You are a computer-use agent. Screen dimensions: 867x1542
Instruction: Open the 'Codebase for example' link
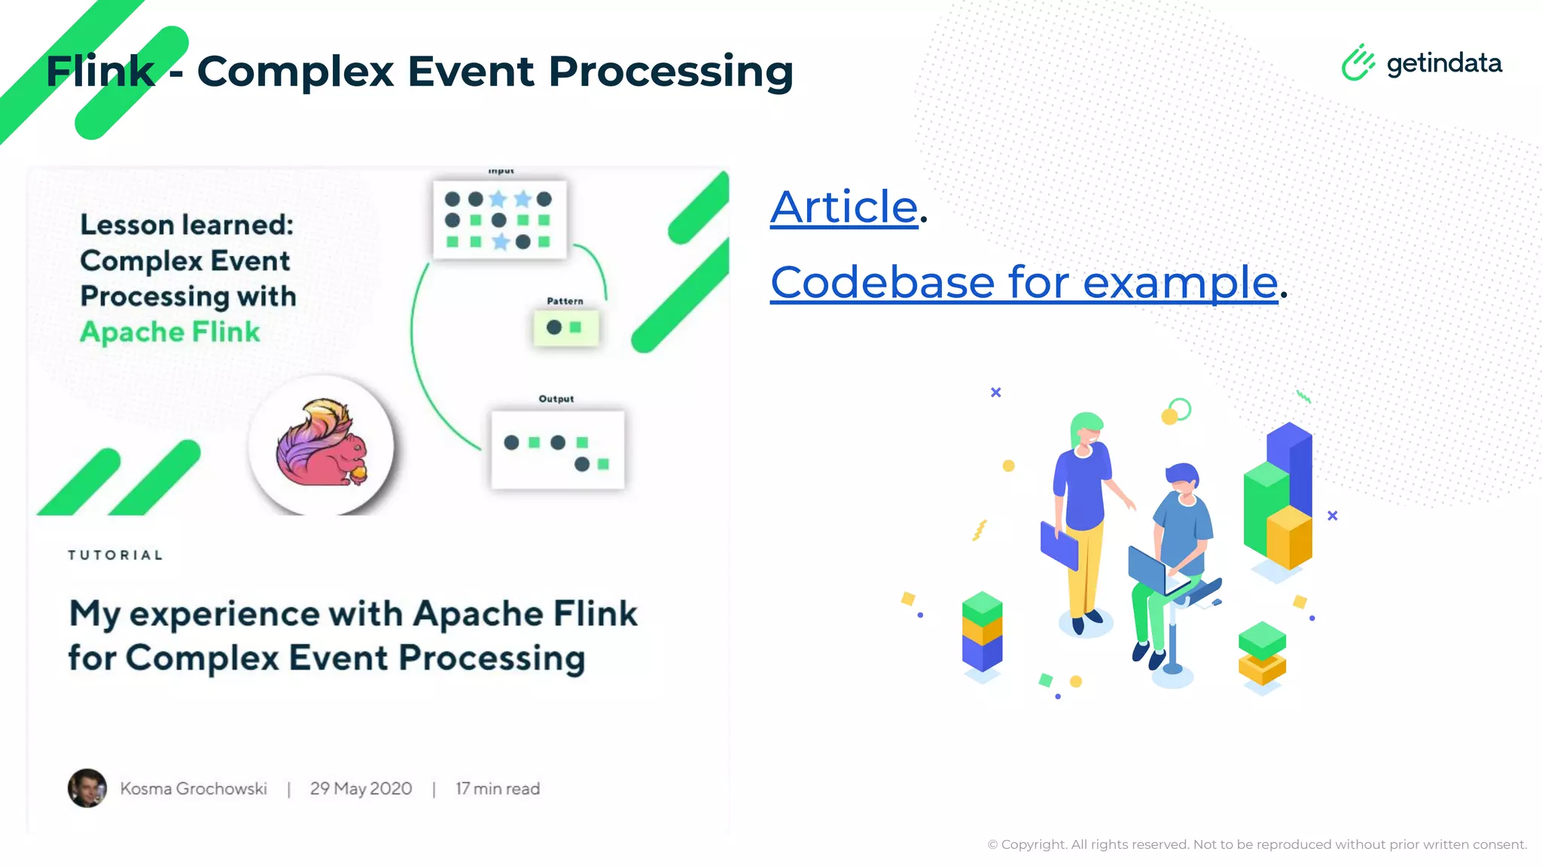tap(1024, 283)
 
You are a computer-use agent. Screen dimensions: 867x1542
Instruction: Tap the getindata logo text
tap(1443, 63)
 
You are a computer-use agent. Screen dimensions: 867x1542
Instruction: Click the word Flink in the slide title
tap(100, 71)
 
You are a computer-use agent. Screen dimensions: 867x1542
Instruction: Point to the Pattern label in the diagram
tap(565, 301)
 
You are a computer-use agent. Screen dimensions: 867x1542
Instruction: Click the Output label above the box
tap(556, 399)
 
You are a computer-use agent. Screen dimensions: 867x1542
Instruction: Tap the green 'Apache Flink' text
tap(170, 332)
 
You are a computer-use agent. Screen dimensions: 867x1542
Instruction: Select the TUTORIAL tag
tap(115, 555)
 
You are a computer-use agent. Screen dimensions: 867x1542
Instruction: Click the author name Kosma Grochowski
tap(194, 789)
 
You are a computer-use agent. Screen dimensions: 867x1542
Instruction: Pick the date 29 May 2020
tap(361, 789)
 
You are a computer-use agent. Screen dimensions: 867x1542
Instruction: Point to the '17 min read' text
tap(498, 789)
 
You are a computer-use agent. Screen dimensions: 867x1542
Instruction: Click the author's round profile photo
tap(87, 788)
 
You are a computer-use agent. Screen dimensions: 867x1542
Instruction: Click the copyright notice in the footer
tap(1257, 844)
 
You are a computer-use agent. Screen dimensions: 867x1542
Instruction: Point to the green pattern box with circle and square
tap(565, 328)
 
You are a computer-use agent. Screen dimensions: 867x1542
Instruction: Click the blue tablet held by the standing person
tap(1059, 546)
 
